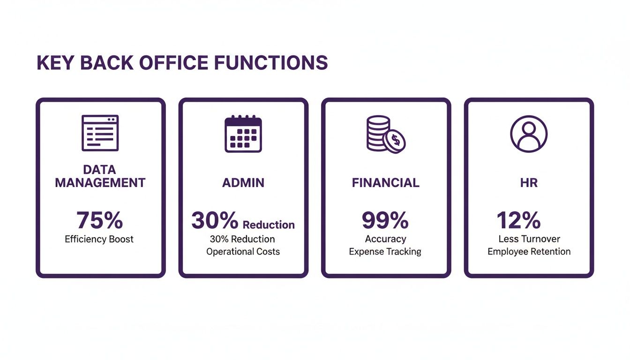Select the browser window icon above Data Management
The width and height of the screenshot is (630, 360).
100,133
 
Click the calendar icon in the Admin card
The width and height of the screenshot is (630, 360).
243,134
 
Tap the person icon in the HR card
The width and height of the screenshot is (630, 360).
529,133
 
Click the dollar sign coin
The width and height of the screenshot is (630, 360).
394,140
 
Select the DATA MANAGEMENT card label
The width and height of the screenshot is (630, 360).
100,176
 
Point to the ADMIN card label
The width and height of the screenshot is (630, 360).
243,182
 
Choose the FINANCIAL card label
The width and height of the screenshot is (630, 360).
385,182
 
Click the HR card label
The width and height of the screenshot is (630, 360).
529,182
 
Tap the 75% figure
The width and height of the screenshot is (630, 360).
99,219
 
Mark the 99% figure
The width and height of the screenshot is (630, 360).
385,220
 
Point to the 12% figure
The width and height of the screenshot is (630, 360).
518,220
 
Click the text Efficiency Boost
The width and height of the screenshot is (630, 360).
99,239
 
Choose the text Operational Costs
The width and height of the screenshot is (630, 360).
243,252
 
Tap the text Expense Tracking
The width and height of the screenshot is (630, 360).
385,252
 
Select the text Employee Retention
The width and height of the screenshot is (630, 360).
529,252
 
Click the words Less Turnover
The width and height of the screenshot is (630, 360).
529,239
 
